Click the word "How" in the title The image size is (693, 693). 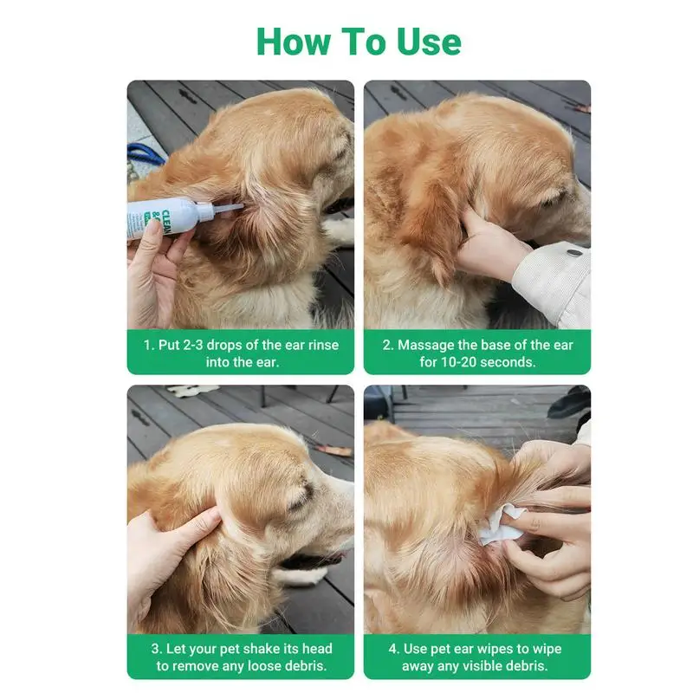tap(294, 42)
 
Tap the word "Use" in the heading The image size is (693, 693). tap(429, 42)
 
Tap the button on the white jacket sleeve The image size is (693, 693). tap(574, 253)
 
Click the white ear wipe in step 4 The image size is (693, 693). tap(502, 525)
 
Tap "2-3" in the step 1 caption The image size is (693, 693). tap(193, 345)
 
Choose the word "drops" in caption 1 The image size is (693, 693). tap(224, 345)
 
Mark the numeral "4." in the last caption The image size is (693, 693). tap(394, 649)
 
